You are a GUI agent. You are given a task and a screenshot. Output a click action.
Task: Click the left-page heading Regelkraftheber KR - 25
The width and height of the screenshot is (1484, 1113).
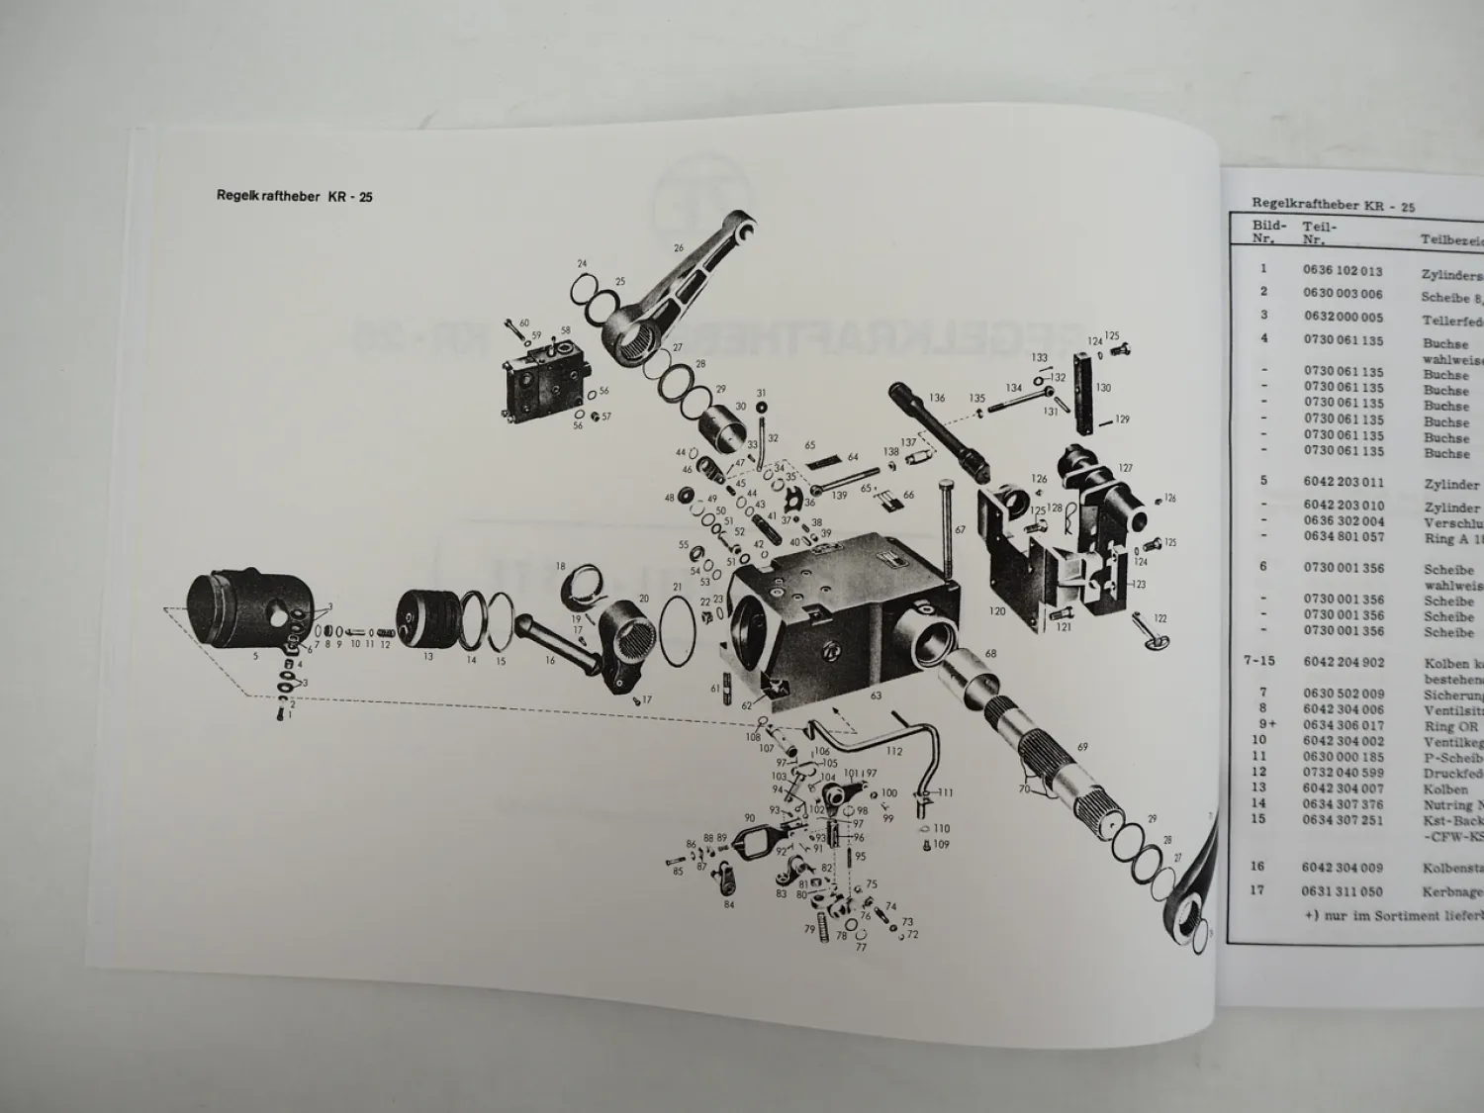[x=294, y=196]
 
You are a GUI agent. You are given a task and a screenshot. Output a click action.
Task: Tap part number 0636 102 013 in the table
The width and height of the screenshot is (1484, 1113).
[x=1343, y=270]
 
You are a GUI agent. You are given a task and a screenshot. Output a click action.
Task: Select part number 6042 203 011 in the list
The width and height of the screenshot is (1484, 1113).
[x=1343, y=482]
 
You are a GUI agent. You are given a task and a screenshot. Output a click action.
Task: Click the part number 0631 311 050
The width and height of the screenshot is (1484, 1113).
[x=1343, y=891]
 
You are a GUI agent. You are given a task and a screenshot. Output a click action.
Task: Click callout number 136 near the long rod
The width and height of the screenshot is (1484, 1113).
[x=936, y=398]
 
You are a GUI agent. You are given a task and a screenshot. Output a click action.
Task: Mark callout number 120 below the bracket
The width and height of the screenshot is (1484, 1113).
[x=997, y=611]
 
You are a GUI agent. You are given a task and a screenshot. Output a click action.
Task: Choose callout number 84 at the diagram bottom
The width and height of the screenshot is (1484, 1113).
[x=729, y=904]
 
